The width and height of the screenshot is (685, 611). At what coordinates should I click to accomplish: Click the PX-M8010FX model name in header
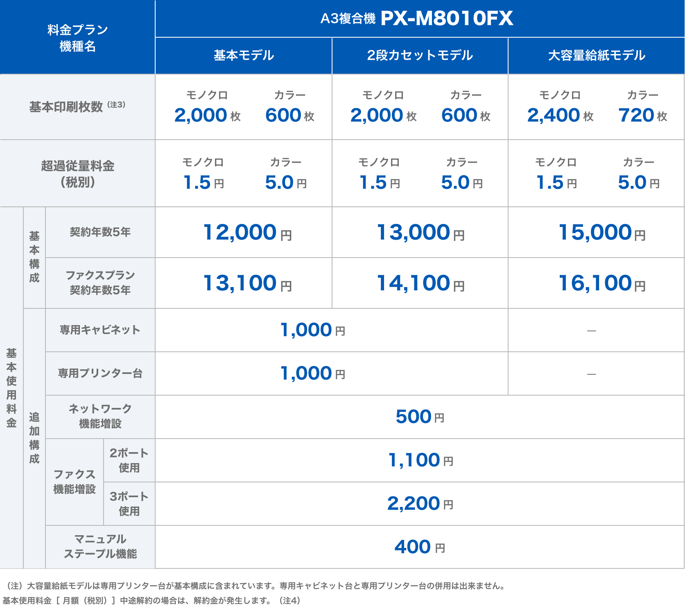pos(447,18)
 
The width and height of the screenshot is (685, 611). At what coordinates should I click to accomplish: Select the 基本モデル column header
pos(244,55)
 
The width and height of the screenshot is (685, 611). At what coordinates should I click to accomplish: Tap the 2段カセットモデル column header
pos(420,55)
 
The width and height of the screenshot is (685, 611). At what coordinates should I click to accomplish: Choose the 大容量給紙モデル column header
pos(596,55)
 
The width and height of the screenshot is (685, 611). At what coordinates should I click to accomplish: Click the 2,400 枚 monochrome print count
pos(560,115)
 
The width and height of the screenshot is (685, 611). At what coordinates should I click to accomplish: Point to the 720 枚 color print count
pos(642,115)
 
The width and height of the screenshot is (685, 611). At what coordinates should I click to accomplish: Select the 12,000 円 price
pos(247,233)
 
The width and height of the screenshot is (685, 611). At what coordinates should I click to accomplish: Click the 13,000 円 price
pos(420,233)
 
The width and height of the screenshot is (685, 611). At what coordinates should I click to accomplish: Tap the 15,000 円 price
pos(601,233)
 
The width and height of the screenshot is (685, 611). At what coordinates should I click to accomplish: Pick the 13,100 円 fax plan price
pos(247,283)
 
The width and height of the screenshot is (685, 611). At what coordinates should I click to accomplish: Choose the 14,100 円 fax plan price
pos(420,283)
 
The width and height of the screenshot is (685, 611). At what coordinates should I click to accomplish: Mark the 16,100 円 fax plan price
pos(601,283)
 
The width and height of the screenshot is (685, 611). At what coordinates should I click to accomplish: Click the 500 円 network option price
pos(420,417)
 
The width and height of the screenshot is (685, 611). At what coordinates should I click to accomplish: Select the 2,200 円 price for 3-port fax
pos(420,504)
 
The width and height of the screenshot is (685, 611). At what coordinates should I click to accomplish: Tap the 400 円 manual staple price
pos(420,547)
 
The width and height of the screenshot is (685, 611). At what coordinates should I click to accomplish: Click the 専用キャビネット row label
pos(100,330)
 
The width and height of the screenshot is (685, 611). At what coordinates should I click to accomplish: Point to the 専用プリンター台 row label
pos(100,373)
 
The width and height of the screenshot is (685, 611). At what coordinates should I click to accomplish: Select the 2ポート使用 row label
pos(129,460)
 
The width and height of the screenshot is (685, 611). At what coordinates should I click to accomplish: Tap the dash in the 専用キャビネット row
pos(591,330)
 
